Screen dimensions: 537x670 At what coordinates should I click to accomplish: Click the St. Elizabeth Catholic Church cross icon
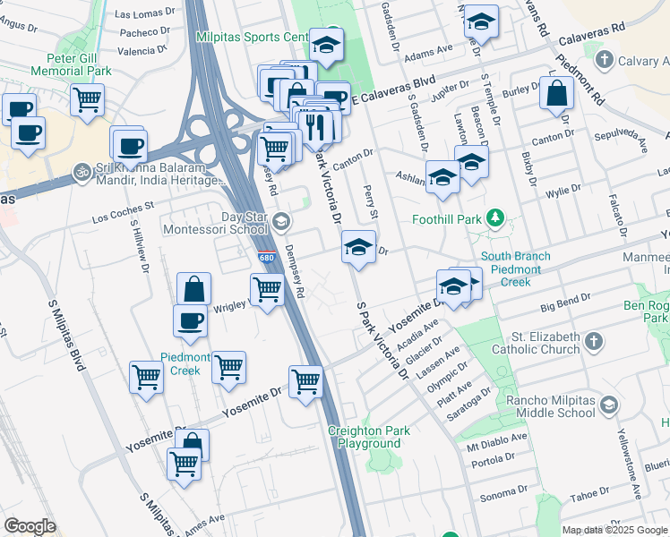[x=593, y=341]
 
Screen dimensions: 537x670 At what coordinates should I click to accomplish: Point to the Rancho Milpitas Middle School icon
[x=609, y=405]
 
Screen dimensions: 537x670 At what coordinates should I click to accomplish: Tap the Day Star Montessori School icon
[x=281, y=221]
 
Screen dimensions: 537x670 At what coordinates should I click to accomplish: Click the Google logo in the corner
[x=30, y=525]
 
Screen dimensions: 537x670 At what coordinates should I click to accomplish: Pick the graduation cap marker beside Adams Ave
[x=481, y=24]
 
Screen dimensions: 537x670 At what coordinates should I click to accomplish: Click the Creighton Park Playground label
[x=369, y=437]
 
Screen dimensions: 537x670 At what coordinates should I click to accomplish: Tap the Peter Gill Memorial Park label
[x=71, y=63]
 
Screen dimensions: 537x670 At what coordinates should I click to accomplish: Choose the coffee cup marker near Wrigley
[x=190, y=321]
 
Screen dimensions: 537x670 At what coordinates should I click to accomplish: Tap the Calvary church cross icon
[x=605, y=60]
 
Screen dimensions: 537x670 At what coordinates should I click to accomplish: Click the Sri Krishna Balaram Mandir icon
[x=82, y=168]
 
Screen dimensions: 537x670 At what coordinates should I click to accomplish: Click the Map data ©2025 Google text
[x=615, y=530]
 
